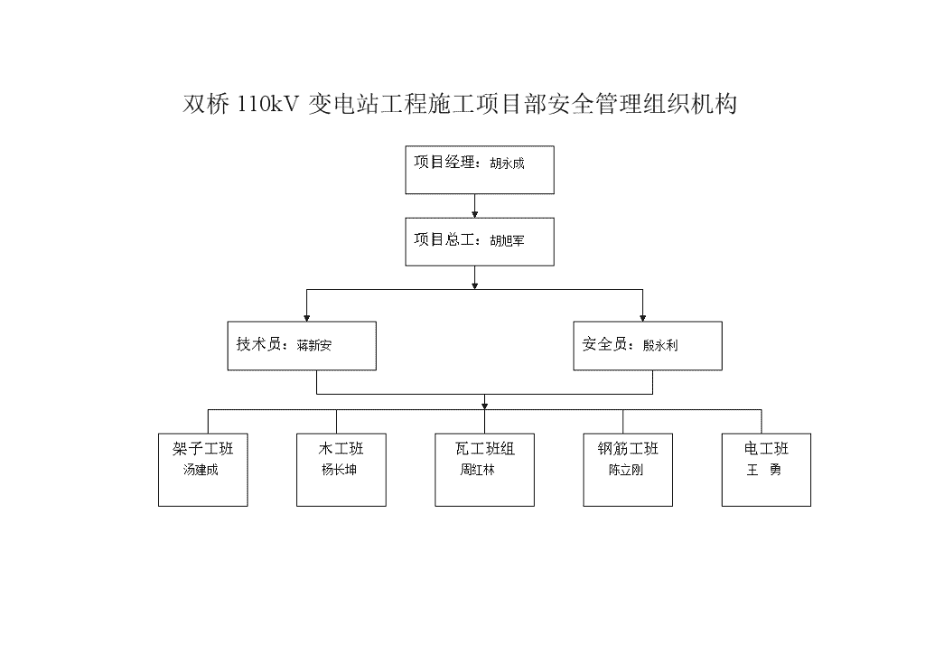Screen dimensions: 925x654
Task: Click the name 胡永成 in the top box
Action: tap(507, 163)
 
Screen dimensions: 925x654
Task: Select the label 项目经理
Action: tap(444, 163)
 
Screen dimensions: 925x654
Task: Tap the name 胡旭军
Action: tap(507, 240)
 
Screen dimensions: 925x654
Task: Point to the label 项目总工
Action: tap(444, 239)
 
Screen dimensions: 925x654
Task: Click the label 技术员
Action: tap(259, 344)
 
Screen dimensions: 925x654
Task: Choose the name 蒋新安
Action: tap(313, 345)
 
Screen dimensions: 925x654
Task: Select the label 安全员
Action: tap(604, 344)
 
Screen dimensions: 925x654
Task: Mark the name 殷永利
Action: tap(660, 345)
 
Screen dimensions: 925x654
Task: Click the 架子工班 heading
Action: tap(203, 449)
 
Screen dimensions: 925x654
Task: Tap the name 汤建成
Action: tap(201, 470)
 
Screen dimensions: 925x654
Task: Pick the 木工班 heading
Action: tap(341, 449)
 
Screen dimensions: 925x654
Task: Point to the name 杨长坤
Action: tap(340, 470)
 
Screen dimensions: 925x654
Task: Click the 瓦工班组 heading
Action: tap(485, 449)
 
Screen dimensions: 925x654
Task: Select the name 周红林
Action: tap(477, 470)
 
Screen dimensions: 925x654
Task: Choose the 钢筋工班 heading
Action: tap(628, 449)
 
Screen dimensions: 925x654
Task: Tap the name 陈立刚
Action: tap(626, 470)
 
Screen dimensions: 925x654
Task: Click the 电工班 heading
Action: tap(766, 449)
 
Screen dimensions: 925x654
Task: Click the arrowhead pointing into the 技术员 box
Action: tap(307, 318)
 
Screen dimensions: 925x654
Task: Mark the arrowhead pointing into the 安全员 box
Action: tap(643, 318)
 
